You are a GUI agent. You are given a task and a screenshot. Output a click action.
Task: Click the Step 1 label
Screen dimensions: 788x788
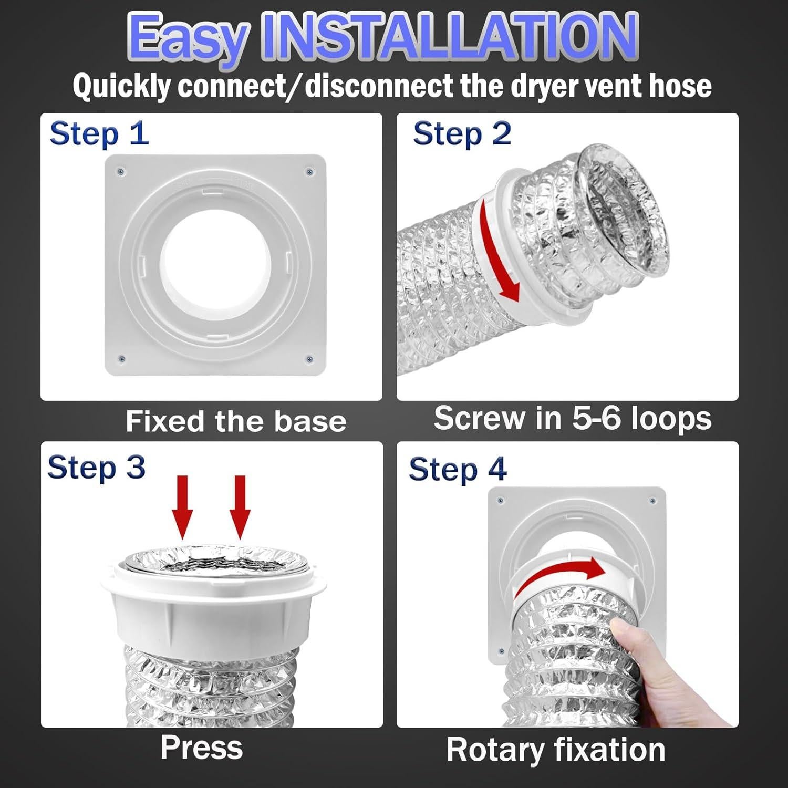pyautogui.click(x=99, y=133)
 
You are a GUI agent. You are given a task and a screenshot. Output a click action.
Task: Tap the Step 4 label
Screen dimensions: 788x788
pyautogui.click(x=458, y=469)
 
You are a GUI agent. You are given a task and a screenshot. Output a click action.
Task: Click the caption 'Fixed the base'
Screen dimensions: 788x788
pyautogui.click(x=236, y=421)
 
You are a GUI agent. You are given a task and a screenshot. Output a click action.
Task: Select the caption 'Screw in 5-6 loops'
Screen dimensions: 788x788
pyautogui.click(x=573, y=418)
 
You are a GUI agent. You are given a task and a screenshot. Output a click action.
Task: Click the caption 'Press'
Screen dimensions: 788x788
pyautogui.click(x=202, y=748)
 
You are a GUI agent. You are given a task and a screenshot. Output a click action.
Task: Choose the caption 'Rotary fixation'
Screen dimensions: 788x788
pyautogui.click(x=556, y=750)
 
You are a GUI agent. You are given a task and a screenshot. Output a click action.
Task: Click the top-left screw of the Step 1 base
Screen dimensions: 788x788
pyautogui.click(x=121, y=171)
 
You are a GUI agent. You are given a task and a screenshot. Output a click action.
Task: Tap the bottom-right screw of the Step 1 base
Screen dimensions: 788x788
pyautogui.click(x=309, y=360)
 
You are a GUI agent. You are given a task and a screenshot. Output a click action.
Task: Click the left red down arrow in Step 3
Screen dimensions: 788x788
pyautogui.click(x=182, y=507)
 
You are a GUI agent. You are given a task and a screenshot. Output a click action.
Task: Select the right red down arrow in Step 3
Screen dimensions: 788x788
pyautogui.click(x=240, y=507)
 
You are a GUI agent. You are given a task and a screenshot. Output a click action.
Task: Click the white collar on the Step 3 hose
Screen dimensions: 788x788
pyautogui.click(x=213, y=604)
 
